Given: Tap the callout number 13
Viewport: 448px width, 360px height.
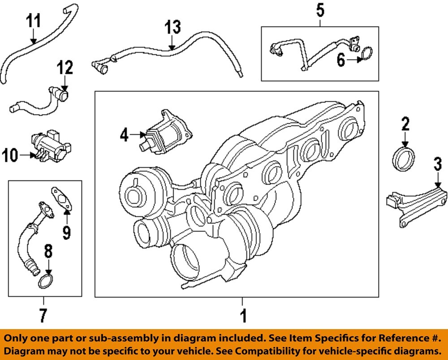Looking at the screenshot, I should click(172, 28).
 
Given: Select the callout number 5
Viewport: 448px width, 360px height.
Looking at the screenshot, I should click(320, 10).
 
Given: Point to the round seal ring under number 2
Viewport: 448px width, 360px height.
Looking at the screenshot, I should click(404, 159).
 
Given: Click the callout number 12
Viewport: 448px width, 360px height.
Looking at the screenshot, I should click(64, 69).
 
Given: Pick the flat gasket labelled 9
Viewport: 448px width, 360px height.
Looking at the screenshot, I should click(62, 198).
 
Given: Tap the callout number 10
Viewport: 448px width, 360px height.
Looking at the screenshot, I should click(11, 156).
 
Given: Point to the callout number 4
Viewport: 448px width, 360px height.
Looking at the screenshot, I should click(124, 134).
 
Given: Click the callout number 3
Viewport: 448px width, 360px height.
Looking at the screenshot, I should click(437, 164).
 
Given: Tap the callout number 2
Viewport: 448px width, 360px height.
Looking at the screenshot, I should click(405, 124).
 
